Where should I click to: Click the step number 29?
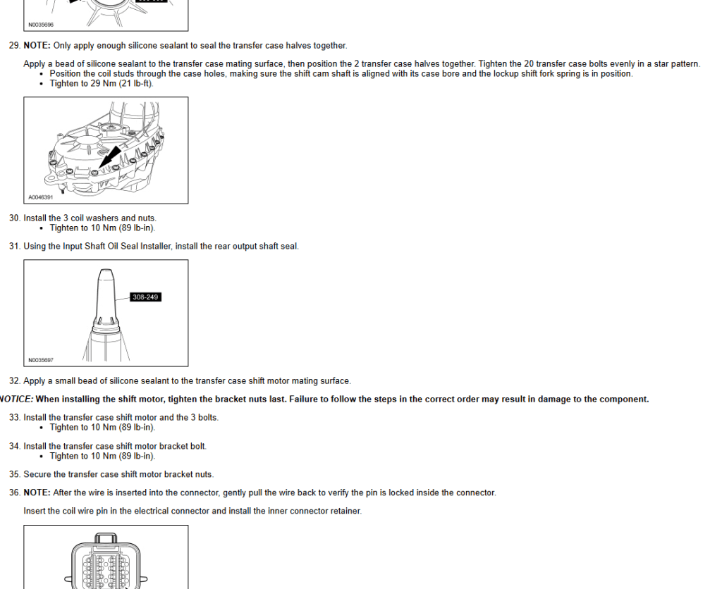point(13,46)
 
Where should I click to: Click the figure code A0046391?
point(41,197)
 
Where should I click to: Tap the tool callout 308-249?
point(145,297)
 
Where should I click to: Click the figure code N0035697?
point(41,360)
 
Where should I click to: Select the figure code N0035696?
point(41,25)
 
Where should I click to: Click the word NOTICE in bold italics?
point(16,399)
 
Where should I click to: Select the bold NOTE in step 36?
point(37,493)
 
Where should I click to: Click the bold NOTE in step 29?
point(37,46)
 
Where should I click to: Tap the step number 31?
point(13,247)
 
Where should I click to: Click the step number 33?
point(13,418)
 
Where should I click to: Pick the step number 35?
point(13,475)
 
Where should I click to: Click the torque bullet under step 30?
point(102,228)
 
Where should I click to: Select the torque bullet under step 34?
point(102,457)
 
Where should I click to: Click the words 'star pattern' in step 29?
point(676,64)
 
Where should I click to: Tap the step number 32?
point(13,381)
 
